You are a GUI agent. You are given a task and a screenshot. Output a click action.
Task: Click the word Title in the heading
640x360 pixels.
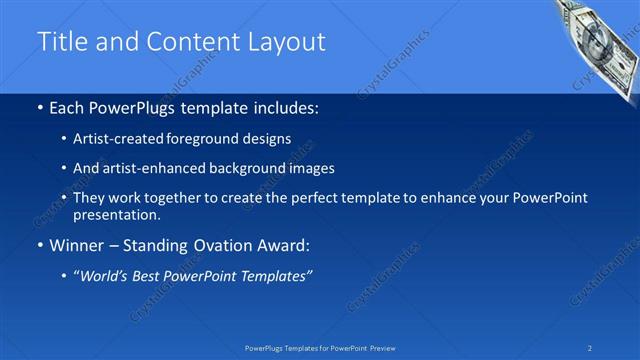[x=61, y=42]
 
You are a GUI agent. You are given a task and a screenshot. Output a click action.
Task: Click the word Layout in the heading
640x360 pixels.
[x=289, y=42]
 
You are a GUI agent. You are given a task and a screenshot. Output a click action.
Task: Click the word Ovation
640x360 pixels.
[x=217, y=244]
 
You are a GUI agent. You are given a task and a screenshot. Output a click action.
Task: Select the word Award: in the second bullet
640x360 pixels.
[x=283, y=244]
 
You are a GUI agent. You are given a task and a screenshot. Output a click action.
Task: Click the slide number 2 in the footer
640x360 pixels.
[x=590, y=347]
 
